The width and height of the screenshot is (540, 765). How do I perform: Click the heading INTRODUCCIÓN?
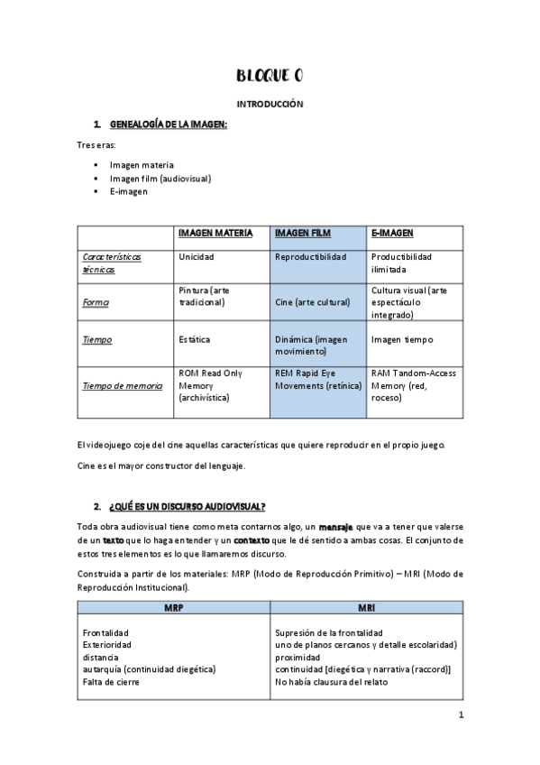point(270,105)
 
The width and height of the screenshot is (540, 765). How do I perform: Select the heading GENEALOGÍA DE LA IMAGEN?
point(168,124)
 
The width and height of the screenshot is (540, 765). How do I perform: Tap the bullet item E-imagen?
point(129,191)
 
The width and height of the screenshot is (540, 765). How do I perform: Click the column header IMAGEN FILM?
point(302,233)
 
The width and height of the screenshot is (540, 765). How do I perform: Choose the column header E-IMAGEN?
point(392,233)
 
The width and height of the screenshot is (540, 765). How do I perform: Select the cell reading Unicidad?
point(197,257)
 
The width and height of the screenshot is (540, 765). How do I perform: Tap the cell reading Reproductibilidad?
point(310,257)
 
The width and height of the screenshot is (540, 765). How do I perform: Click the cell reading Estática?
point(195,339)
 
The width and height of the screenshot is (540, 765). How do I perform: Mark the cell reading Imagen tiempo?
point(402,339)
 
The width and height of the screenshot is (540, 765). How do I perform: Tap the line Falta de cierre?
point(111,682)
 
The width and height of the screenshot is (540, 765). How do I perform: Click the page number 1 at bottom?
point(460,716)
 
